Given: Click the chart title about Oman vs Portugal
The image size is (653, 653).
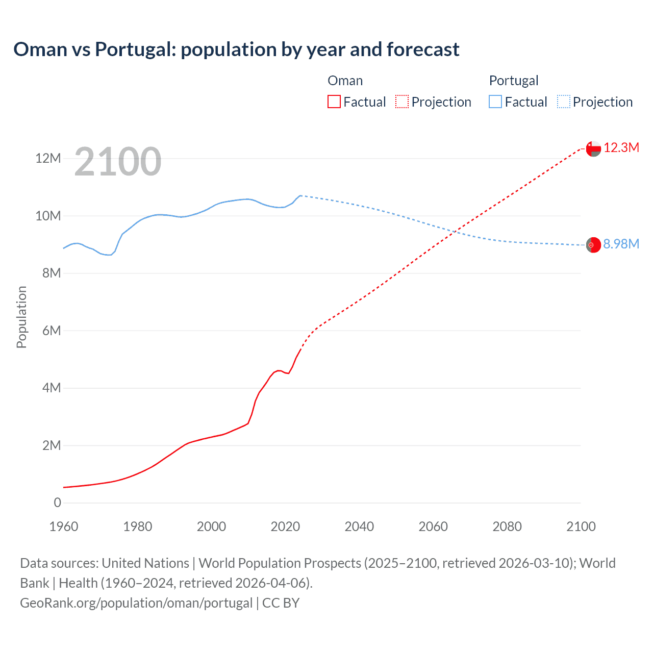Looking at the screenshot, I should pyautogui.click(x=236, y=49).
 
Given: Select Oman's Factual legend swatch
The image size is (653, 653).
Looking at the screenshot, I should pyautogui.click(x=334, y=102).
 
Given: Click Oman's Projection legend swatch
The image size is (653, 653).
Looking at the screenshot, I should pyautogui.click(x=402, y=102).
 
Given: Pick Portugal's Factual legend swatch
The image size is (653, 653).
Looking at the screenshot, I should pyautogui.click(x=495, y=102).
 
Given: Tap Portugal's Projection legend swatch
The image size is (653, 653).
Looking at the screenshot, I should pyautogui.click(x=564, y=102).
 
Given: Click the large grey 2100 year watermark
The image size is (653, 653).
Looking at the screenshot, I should pyautogui.click(x=118, y=162).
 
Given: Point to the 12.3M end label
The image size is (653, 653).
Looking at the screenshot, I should pyautogui.click(x=621, y=148).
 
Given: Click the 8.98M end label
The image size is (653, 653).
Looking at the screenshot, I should pyautogui.click(x=621, y=244).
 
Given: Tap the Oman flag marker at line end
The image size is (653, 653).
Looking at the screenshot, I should pyautogui.click(x=593, y=148).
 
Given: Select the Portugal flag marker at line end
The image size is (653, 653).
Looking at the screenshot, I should pyautogui.click(x=593, y=245).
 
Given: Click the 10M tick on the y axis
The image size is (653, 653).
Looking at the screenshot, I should pyautogui.click(x=48, y=216).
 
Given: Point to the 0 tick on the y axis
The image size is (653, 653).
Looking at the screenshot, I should pyautogui.click(x=57, y=503).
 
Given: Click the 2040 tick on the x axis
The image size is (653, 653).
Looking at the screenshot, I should pyautogui.click(x=359, y=526).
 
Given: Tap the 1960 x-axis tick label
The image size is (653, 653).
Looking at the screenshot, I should pyautogui.click(x=64, y=526).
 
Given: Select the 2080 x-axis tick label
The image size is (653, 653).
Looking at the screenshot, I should pyautogui.click(x=507, y=526).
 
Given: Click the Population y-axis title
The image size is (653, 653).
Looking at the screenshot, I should pyautogui.click(x=21, y=317).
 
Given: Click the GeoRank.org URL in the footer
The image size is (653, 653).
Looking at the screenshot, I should pyautogui.click(x=136, y=603).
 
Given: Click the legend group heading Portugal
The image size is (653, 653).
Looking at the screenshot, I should pyautogui.click(x=513, y=81).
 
